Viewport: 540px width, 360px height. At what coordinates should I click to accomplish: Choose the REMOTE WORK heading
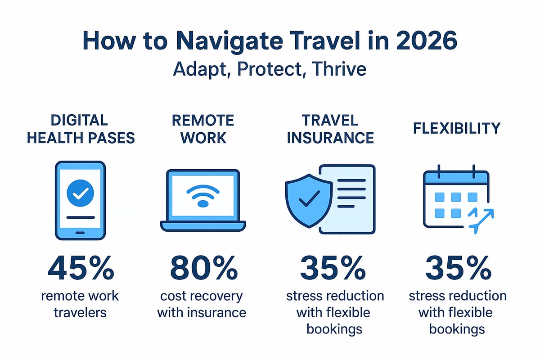(202, 129)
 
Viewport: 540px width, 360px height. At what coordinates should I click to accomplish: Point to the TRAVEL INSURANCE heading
(330, 129)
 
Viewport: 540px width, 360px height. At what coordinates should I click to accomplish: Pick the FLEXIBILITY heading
(456, 128)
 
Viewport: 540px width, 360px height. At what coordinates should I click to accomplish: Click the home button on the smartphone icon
(81, 233)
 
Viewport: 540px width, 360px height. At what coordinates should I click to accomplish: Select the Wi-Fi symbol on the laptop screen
(203, 196)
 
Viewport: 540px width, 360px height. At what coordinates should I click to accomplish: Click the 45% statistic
(81, 269)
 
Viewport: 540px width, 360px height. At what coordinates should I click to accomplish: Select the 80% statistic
(203, 269)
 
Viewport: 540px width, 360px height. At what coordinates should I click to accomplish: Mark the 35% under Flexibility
(458, 269)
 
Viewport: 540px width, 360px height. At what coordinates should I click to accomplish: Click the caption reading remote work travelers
(81, 304)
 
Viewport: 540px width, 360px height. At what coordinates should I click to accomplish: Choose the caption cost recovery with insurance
(202, 304)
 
